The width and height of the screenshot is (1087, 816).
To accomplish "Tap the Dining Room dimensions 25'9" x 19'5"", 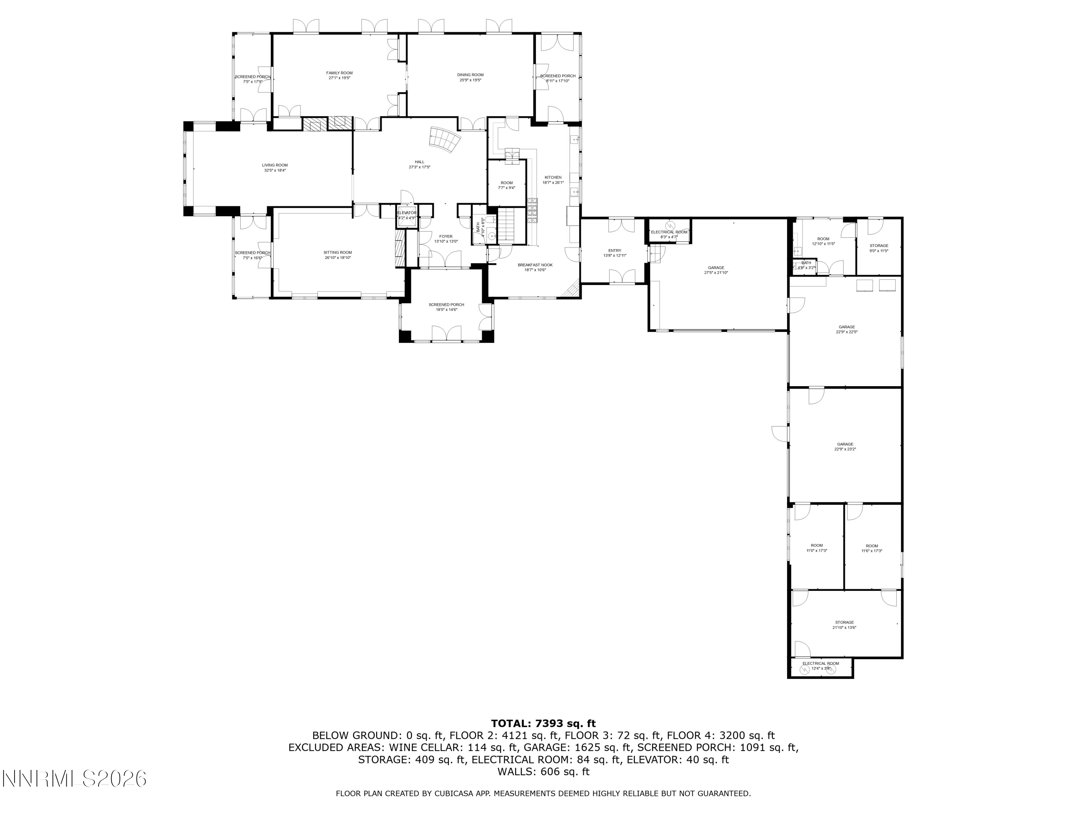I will (x=470, y=80).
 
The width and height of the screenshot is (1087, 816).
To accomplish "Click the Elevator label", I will (x=407, y=213).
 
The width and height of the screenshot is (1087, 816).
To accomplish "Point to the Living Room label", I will (x=275, y=165).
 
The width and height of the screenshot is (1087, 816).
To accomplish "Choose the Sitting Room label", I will (x=338, y=252).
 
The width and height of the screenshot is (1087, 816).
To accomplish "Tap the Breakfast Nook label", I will (x=535, y=265).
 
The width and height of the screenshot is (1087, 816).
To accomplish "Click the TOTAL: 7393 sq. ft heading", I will (x=543, y=724).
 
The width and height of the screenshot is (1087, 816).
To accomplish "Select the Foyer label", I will (x=446, y=236).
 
